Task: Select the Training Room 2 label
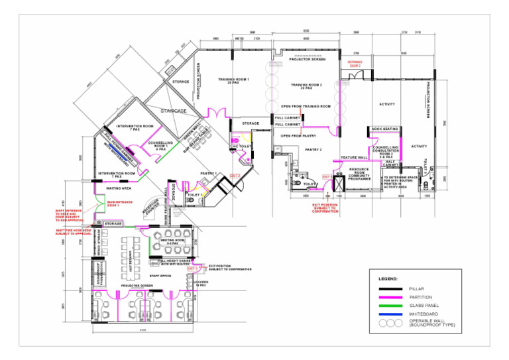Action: point(306,86)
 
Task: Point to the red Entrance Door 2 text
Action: point(355,64)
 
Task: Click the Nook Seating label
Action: point(384,129)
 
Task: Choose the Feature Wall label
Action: point(354,158)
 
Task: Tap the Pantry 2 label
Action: point(313,150)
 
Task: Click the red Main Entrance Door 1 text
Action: point(118,204)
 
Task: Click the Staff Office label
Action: point(160,274)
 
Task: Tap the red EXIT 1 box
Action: point(192,269)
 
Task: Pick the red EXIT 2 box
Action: point(235,175)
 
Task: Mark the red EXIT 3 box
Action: point(326,177)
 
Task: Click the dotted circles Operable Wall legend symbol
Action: point(390,323)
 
